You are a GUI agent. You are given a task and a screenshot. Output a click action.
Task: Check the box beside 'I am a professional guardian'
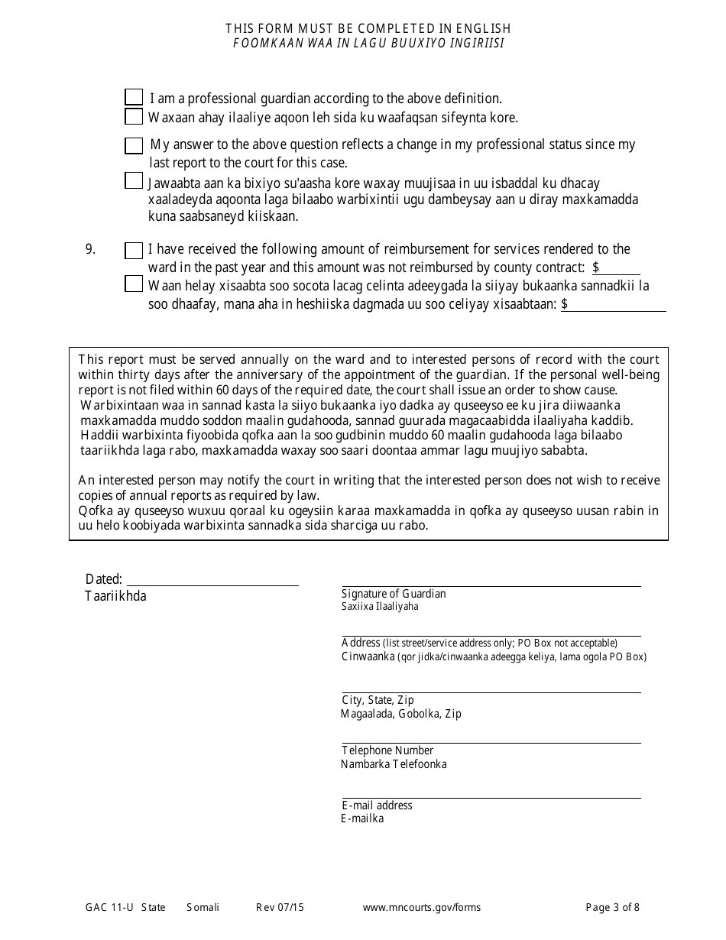134,97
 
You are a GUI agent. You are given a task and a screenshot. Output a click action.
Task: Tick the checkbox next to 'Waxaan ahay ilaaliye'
134,117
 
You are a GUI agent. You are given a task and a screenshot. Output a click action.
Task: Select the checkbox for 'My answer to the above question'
134,145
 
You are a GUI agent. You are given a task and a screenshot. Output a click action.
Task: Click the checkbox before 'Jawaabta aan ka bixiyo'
134,180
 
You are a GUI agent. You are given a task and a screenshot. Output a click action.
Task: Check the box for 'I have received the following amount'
134,250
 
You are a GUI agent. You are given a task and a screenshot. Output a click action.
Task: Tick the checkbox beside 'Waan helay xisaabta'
134,284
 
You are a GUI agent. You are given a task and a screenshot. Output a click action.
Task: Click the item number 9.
90,249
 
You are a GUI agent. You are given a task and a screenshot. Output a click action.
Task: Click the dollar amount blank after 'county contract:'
621,267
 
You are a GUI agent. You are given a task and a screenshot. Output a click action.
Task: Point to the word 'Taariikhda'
115,596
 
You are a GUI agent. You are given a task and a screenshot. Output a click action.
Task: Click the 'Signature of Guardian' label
394,594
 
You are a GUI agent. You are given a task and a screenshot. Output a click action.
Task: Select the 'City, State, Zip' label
378,700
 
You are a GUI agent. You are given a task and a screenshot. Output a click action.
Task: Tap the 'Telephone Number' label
387,750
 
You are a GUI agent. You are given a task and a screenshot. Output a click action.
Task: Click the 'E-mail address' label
377,805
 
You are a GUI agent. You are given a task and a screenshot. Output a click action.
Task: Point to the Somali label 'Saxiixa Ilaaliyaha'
380,607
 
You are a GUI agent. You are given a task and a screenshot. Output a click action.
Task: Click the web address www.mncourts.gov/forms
422,908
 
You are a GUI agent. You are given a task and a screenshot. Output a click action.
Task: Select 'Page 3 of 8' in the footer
612,908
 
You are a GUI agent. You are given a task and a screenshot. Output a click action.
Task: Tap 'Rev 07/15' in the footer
280,908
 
